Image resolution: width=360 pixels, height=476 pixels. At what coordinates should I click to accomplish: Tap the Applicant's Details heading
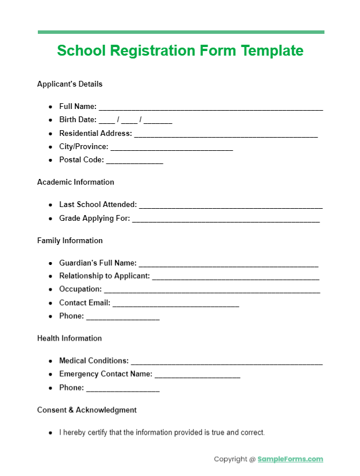coord(70,84)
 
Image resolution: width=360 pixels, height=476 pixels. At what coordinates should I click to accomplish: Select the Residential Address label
coord(95,133)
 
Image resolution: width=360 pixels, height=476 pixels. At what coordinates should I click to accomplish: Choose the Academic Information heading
coord(76,182)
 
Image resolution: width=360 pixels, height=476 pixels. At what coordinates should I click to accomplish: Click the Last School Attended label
coord(98,204)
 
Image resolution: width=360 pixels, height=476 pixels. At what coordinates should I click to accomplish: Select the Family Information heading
coord(70,240)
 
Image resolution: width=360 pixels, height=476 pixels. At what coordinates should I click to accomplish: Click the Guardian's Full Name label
coord(98,263)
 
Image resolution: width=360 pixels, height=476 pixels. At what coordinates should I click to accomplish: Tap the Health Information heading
coord(69,338)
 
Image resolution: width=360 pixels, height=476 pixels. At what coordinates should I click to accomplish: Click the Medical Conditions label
coord(94,361)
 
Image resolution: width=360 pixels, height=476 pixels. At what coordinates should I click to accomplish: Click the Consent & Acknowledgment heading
coord(87,410)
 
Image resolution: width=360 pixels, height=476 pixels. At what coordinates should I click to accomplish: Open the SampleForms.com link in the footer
coord(290,459)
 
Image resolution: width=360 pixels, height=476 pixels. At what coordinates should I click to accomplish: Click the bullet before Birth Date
coord(51,120)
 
